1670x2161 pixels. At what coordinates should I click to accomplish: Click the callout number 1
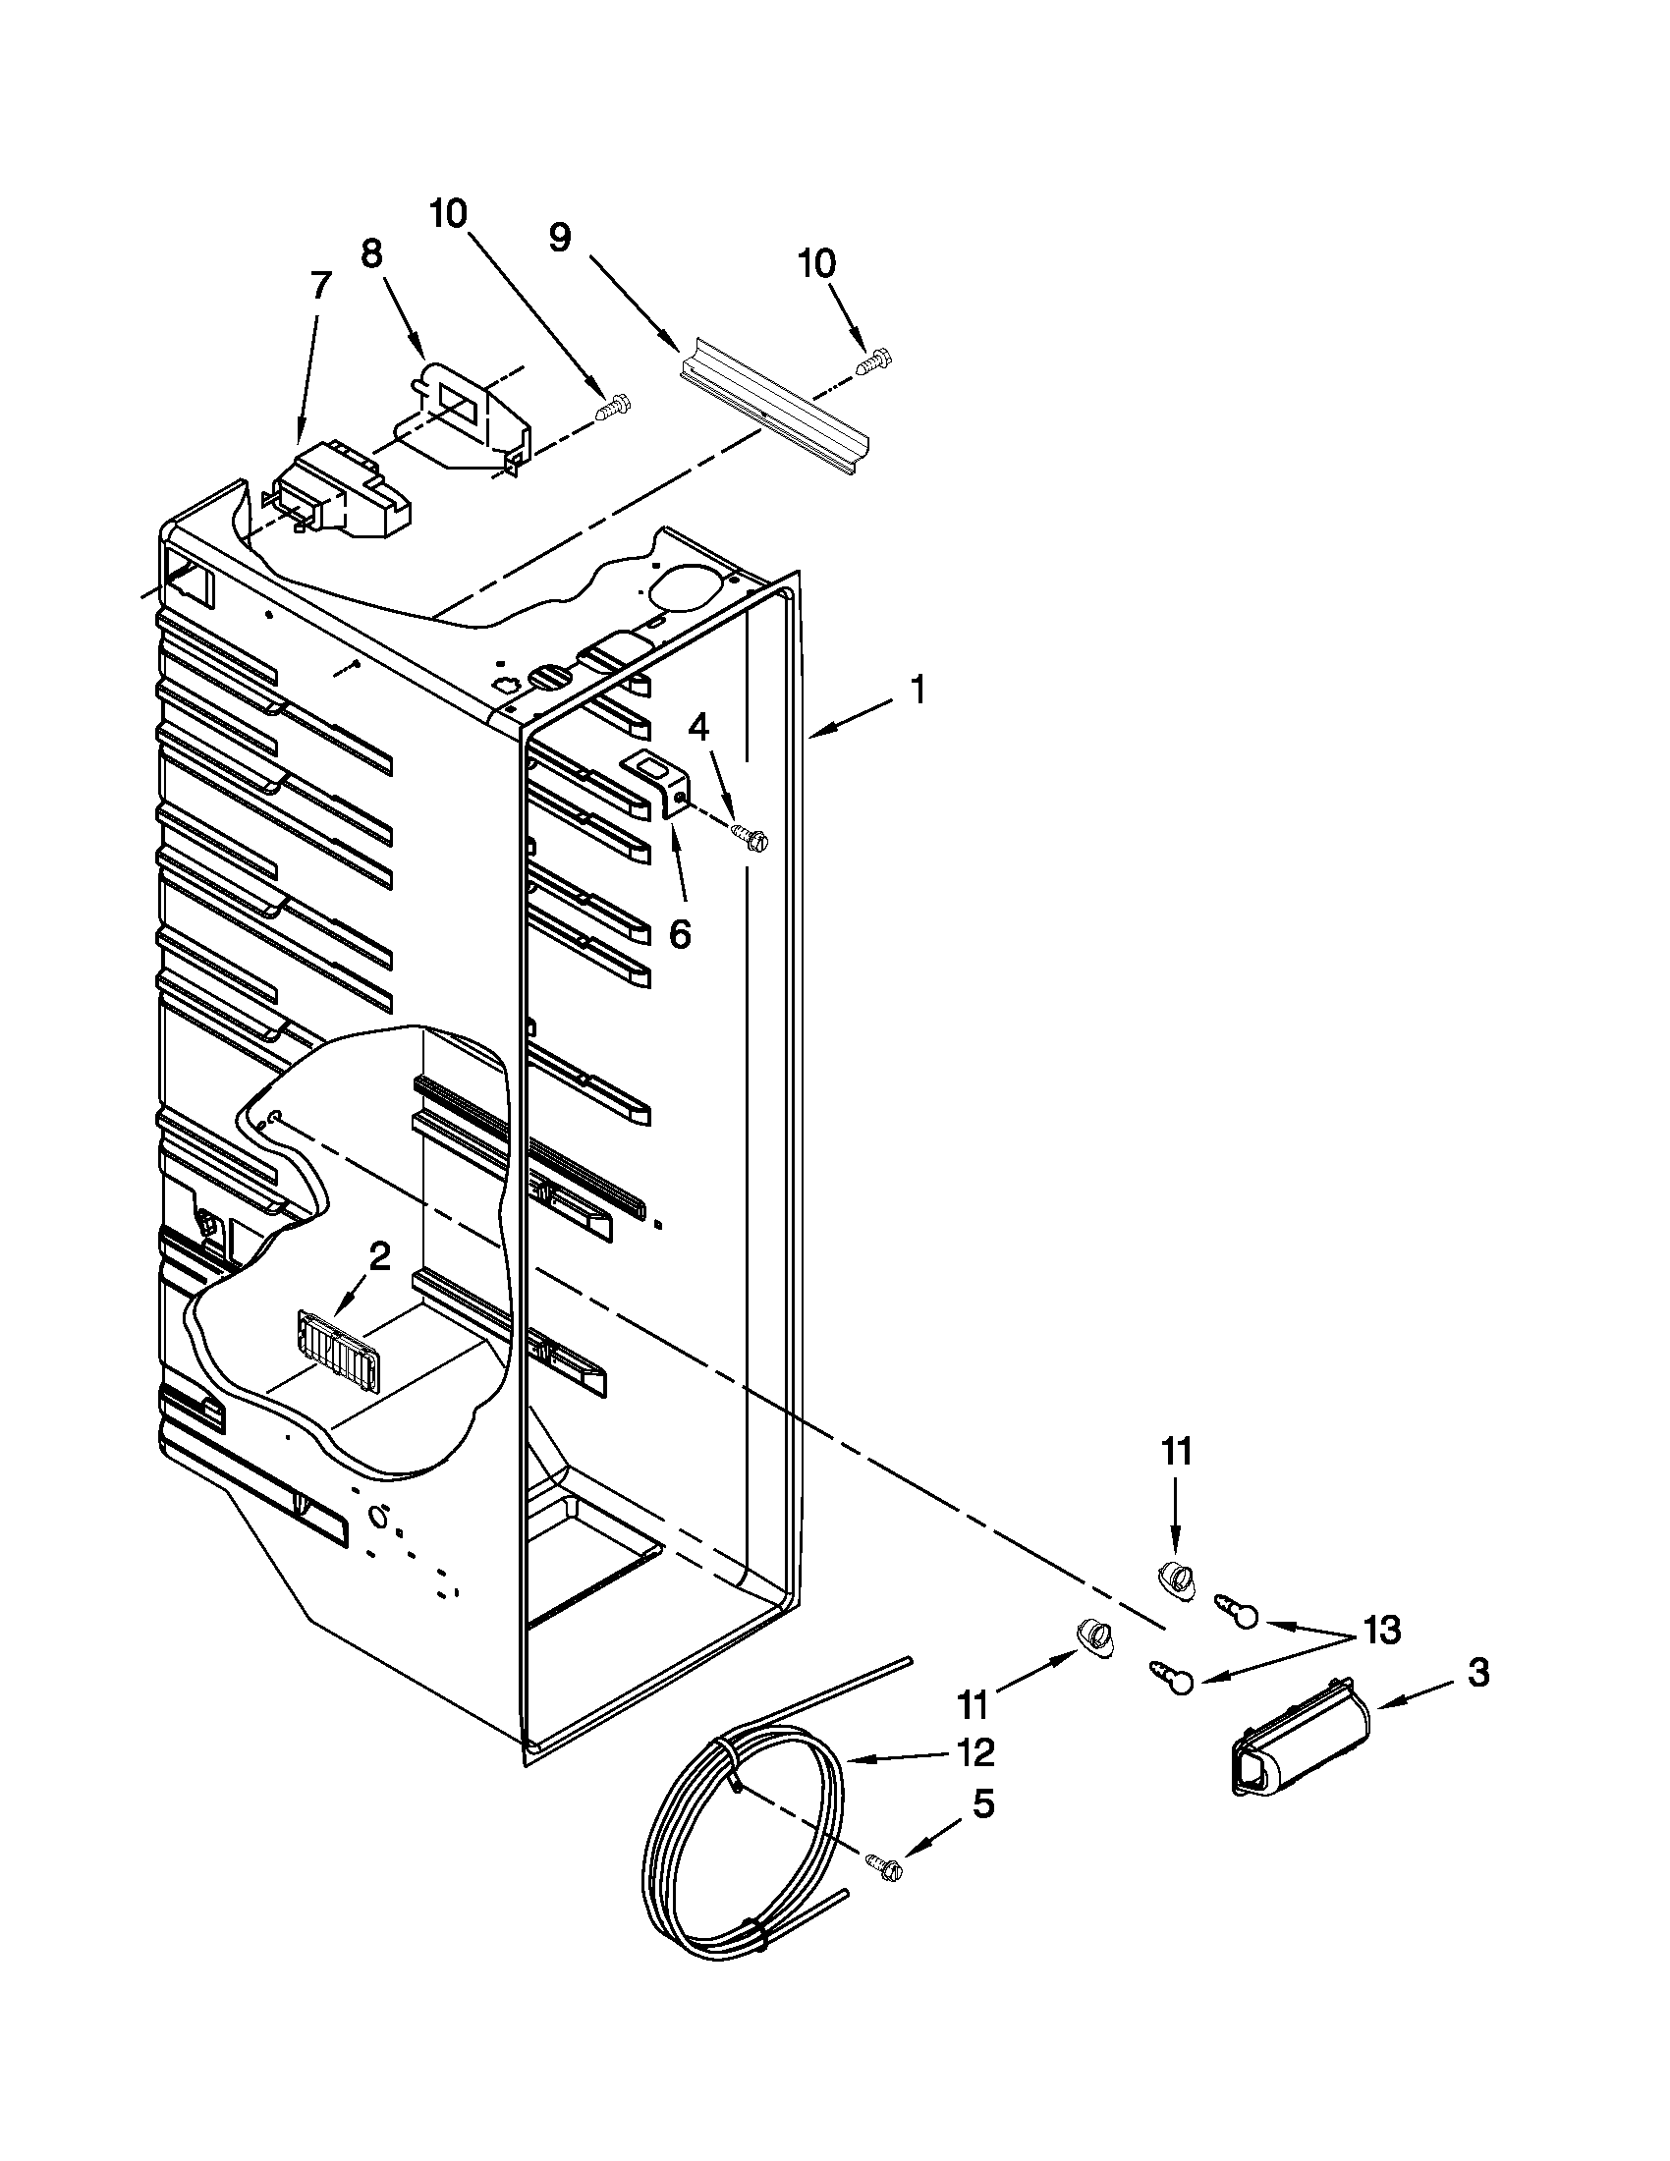tap(919, 690)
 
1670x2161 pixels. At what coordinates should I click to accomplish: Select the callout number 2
tap(379, 1256)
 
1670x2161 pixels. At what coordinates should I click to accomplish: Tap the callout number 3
tap(1478, 1673)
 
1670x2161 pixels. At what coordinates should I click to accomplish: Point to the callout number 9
tap(560, 238)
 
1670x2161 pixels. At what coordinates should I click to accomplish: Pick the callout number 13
tap(1381, 1628)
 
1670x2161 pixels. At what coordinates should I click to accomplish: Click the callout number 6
tap(680, 933)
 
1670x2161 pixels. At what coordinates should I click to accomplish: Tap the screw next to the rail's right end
tap(872, 360)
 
